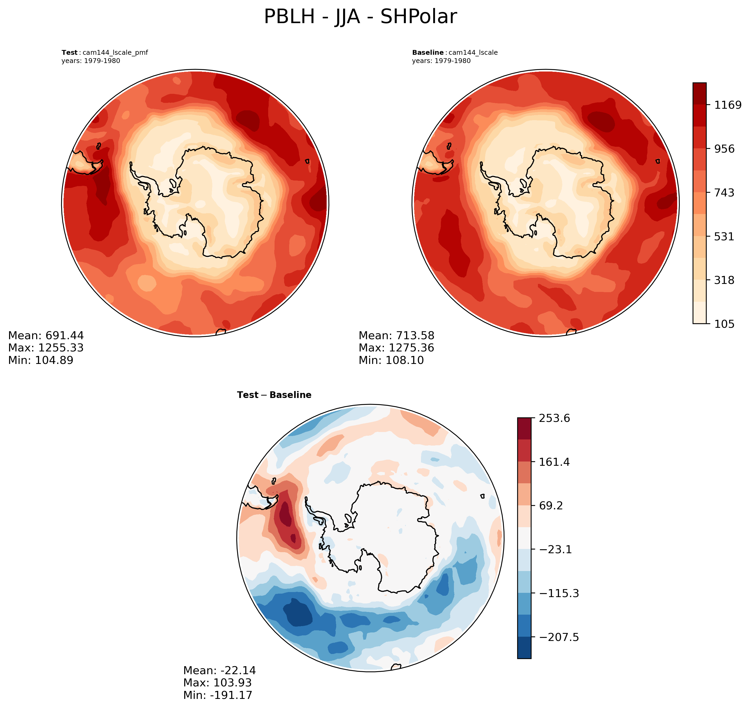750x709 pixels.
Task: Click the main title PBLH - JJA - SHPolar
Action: pos(360,17)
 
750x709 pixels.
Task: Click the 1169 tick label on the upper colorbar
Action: pos(727,105)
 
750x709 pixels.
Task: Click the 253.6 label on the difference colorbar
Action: pos(554,418)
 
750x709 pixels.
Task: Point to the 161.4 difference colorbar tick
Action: pos(554,462)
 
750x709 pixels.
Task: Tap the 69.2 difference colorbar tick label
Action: pos(551,506)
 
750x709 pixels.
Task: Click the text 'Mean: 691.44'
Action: pos(46,335)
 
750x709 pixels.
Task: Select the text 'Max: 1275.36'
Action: pos(396,348)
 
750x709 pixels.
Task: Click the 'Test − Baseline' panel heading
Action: pos(274,395)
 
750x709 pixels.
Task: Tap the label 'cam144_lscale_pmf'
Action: pos(115,53)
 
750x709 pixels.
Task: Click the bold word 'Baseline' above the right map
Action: pos(428,53)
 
